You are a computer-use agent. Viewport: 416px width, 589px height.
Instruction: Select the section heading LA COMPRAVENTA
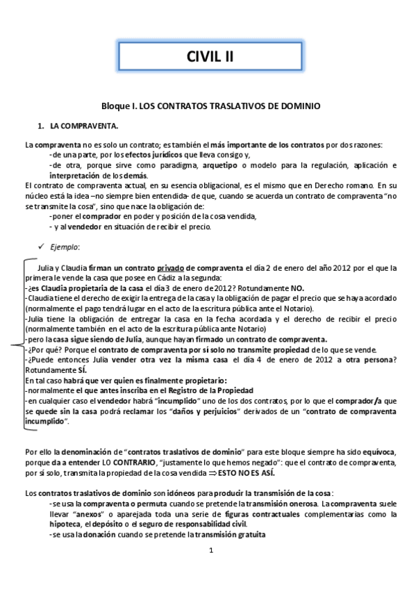83,126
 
